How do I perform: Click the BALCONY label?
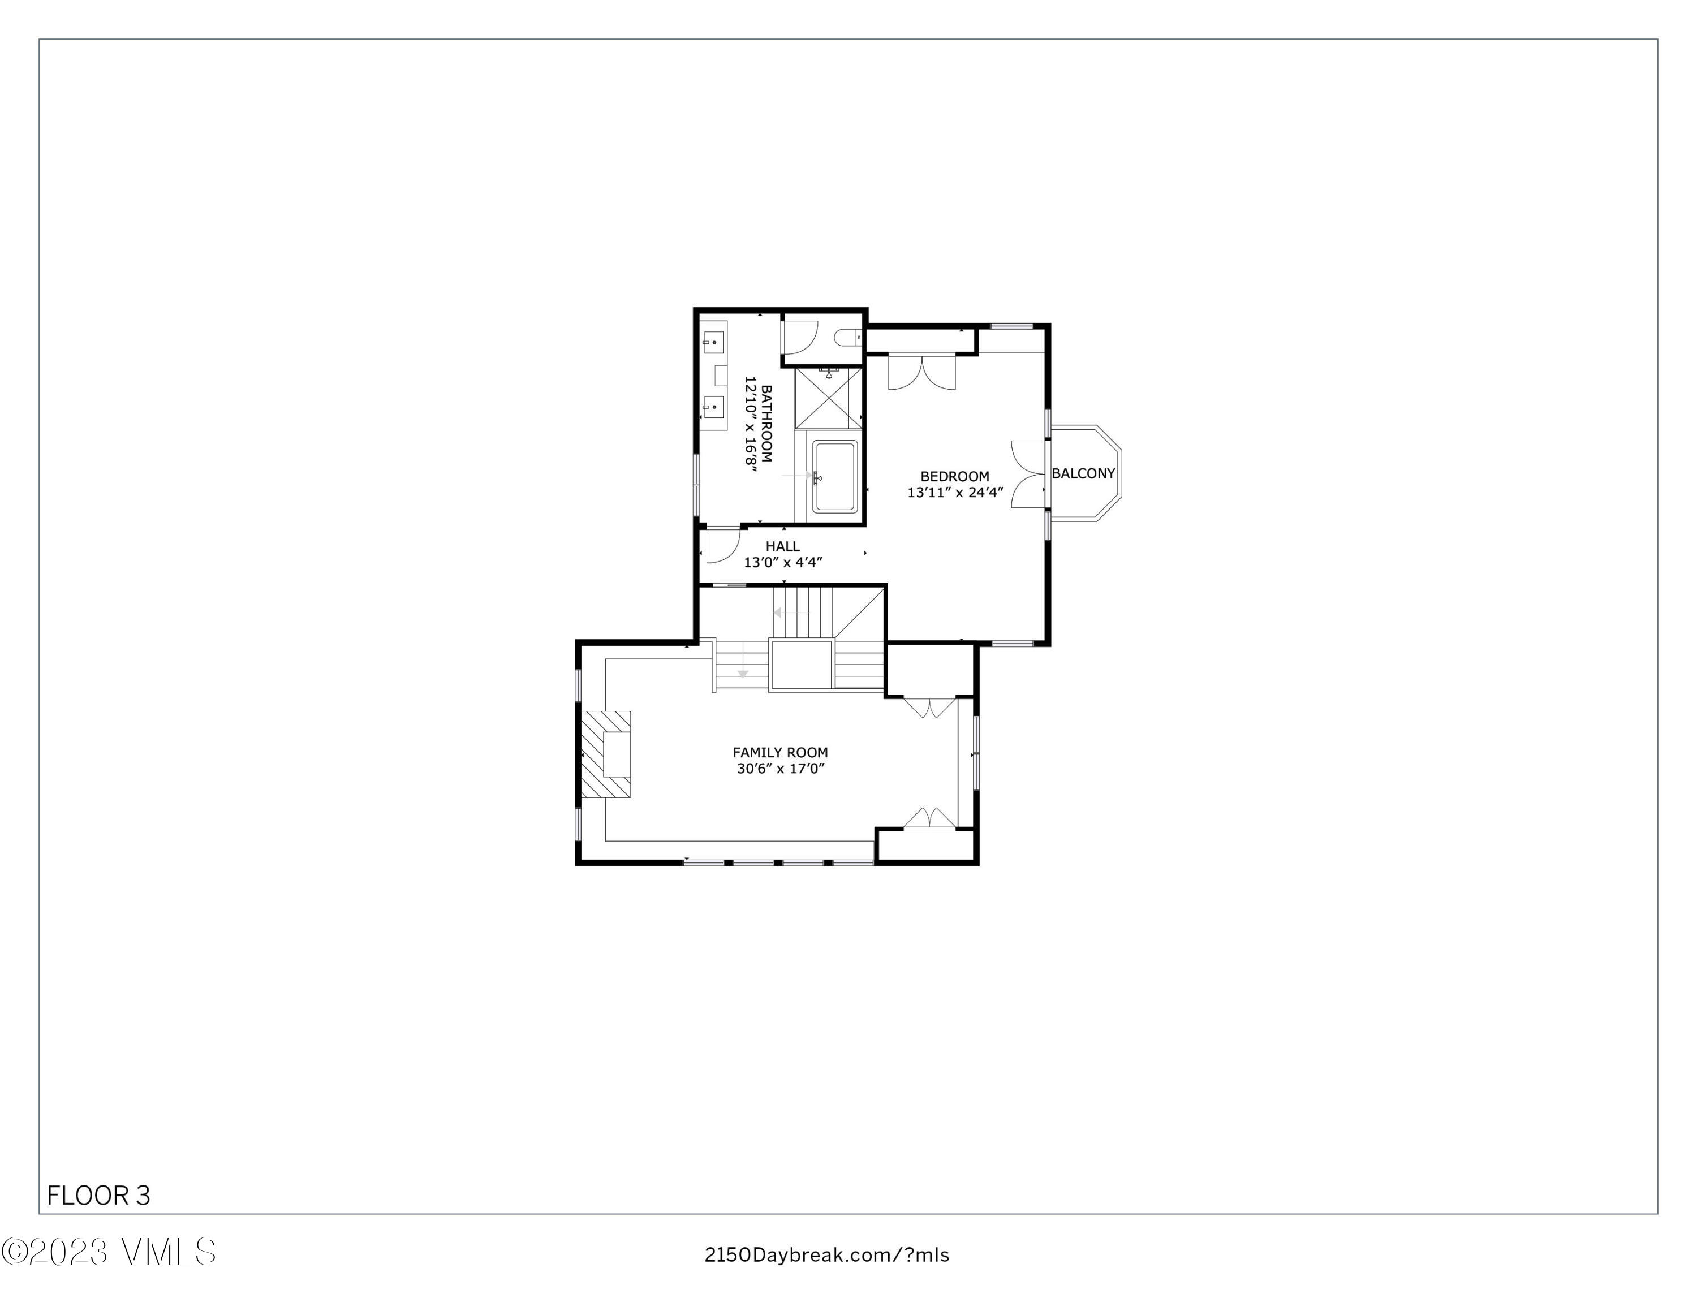click(x=1083, y=473)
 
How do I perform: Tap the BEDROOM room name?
click(x=955, y=476)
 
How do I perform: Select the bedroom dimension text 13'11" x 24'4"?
click(x=955, y=493)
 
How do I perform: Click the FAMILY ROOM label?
click(x=780, y=752)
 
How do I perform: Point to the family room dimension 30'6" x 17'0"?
click(x=780, y=769)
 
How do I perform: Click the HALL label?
click(x=782, y=546)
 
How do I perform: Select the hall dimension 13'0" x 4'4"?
click(x=782, y=562)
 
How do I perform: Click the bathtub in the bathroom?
click(x=834, y=476)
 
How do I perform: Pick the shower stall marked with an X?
click(x=828, y=398)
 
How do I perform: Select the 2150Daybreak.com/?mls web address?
click(x=827, y=1255)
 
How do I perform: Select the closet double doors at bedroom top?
click(x=921, y=373)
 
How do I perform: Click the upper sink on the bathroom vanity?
click(x=714, y=342)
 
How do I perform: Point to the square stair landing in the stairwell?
click(x=801, y=665)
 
